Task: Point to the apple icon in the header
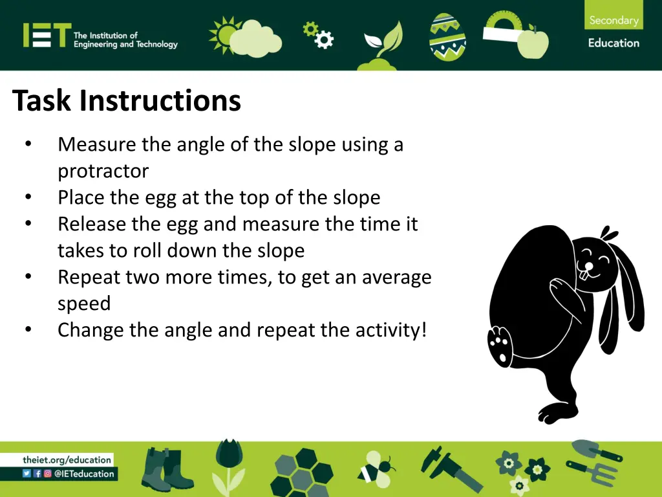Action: coord(532,41)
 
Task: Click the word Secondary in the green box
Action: coord(614,20)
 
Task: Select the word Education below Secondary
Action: coord(614,43)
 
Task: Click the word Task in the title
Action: coord(43,101)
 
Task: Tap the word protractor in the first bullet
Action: coord(103,171)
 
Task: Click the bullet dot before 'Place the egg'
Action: coord(28,197)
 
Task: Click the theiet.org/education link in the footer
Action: coord(67,459)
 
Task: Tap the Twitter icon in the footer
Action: coord(27,473)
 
